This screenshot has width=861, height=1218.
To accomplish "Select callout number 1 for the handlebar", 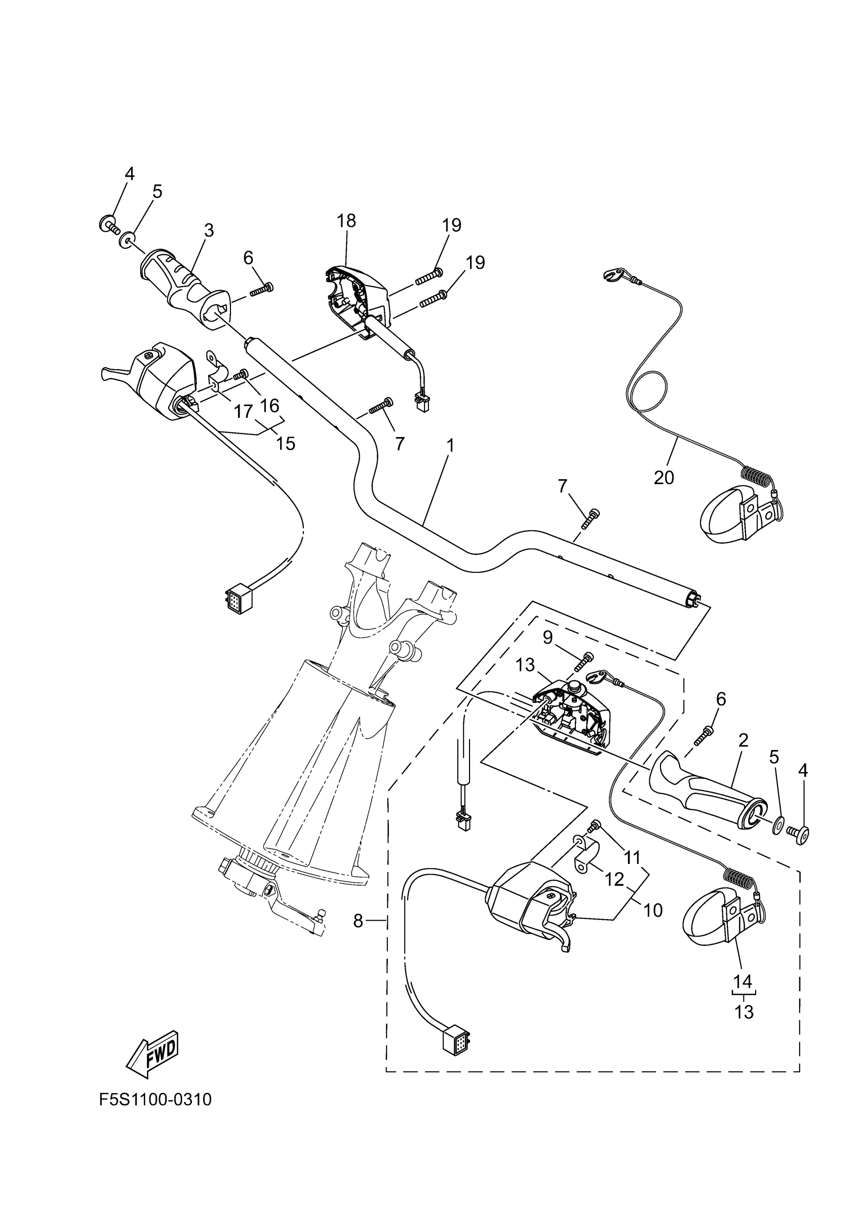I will (450, 446).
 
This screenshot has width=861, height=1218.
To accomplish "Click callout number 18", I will (347, 221).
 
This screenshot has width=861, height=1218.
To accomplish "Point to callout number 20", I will (663, 478).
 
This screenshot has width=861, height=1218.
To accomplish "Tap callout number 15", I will (286, 443).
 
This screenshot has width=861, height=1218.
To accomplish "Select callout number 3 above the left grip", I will (209, 230).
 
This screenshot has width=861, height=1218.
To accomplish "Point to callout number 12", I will (614, 880).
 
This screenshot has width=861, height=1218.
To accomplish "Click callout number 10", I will (653, 910).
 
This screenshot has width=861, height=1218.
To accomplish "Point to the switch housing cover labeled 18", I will (359, 297).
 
